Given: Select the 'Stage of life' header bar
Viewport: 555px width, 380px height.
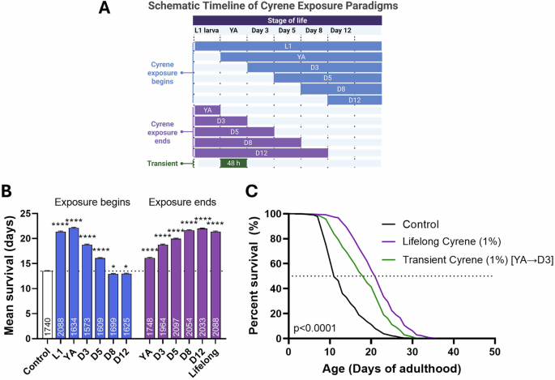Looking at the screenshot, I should point(287,19).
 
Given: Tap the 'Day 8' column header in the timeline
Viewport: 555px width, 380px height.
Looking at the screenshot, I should point(314,31).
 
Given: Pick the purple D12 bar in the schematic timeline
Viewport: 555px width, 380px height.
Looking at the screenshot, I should point(260,152).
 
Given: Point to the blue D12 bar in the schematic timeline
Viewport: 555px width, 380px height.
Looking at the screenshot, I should point(354,100).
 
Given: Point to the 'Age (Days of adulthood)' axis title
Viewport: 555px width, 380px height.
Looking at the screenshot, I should point(391,369).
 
